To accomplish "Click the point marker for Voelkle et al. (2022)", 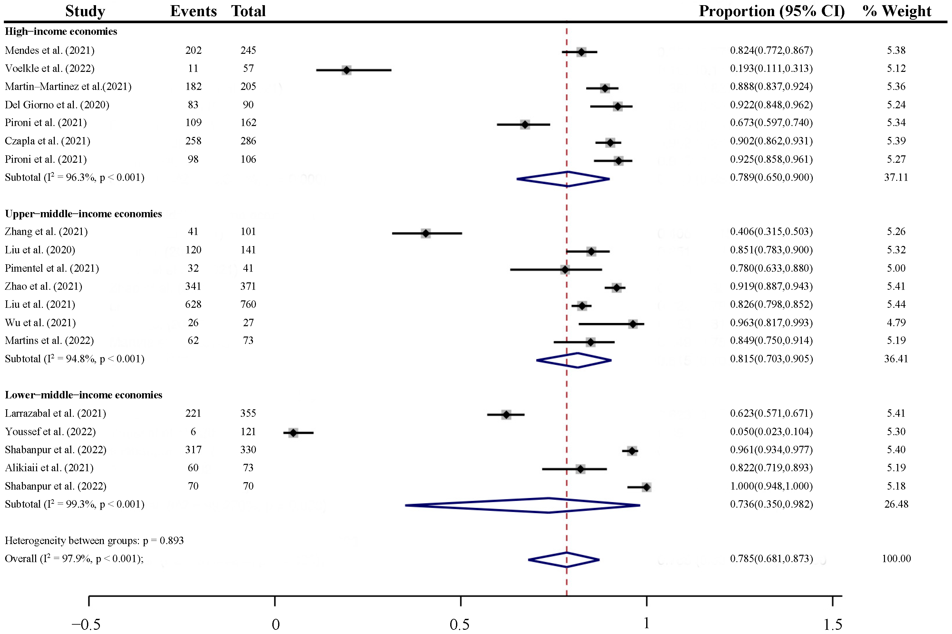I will click(346, 70).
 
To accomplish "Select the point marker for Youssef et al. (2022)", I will click(294, 433).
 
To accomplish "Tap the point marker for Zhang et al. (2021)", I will click(426, 233).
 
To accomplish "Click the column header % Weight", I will click(897, 11).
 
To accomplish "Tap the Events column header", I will click(193, 11).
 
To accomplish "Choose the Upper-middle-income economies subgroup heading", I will click(83, 213).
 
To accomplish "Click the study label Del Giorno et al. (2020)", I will click(57, 105).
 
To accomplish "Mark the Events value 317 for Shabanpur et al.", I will click(193, 450).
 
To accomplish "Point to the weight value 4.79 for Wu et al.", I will click(896, 323).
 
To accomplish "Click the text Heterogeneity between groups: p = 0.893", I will click(94, 541).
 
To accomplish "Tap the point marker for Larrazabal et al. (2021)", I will click(506, 415).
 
